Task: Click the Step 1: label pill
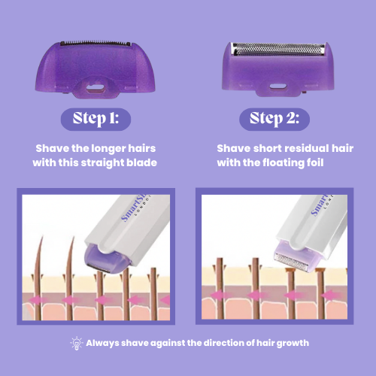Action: [96, 119]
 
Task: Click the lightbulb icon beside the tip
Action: [75, 342]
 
